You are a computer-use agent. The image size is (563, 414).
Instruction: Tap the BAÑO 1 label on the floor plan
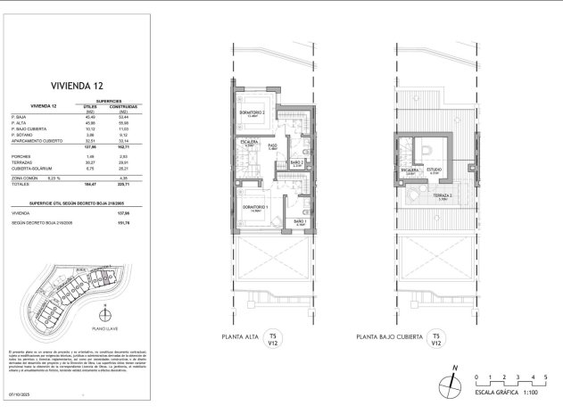click(x=300, y=221)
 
